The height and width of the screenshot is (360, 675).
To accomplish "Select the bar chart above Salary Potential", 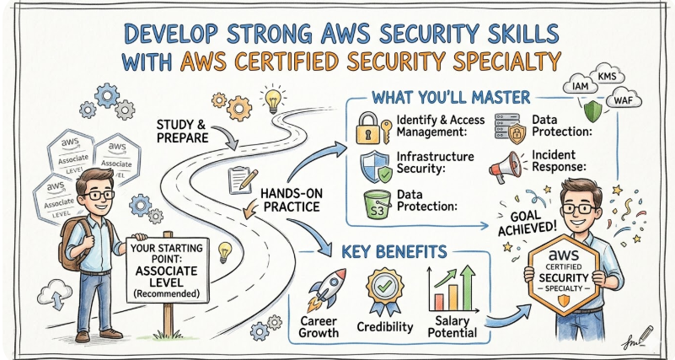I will [447, 287].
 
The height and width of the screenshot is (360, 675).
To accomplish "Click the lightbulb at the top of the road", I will [273, 99].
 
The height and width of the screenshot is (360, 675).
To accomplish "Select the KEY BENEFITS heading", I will [396, 252].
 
